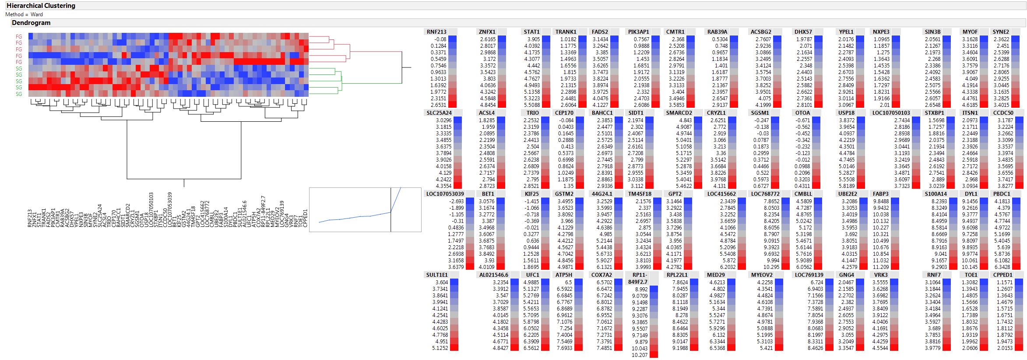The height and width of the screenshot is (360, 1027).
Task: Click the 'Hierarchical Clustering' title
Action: point(41,6)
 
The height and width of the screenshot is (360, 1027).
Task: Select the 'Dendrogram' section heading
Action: point(31,23)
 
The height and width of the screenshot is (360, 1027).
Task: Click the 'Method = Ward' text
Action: point(24,14)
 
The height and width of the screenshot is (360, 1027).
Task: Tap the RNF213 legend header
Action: point(436,32)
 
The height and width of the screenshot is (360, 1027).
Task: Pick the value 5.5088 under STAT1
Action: point(532,105)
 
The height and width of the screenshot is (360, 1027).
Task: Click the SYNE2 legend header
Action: point(1001,32)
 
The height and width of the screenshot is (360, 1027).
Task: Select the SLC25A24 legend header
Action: point(439,113)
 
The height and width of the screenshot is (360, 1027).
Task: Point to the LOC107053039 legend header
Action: point(445,194)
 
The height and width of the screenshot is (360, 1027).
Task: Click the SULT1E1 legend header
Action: point(437,275)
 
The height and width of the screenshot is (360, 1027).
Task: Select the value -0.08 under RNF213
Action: point(440,39)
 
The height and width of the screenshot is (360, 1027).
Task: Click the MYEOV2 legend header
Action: point(762,275)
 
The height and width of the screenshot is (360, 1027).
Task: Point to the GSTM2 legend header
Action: point(564,194)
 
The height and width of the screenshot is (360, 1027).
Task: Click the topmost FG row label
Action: point(19,37)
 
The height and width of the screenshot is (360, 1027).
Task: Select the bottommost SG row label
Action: point(19,94)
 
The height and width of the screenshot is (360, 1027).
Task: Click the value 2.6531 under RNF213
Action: point(439,105)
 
